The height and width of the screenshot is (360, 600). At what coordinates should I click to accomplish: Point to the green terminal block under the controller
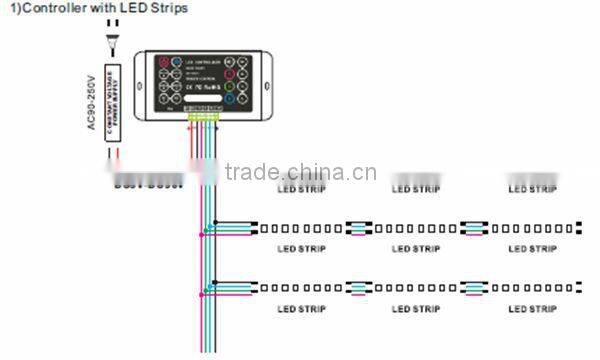[206, 119]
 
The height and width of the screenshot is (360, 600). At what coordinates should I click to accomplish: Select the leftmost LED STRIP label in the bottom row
[301, 309]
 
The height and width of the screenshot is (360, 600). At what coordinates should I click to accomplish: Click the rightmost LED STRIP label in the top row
[532, 189]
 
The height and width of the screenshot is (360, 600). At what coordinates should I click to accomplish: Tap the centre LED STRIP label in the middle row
[416, 249]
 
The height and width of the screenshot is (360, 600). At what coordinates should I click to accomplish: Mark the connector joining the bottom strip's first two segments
[357, 288]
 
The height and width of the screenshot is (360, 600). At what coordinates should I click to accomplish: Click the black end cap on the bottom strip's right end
[580, 288]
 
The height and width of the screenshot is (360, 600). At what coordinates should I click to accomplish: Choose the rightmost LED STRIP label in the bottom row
[532, 309]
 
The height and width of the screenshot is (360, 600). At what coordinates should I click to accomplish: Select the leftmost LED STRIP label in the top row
[301, 189]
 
